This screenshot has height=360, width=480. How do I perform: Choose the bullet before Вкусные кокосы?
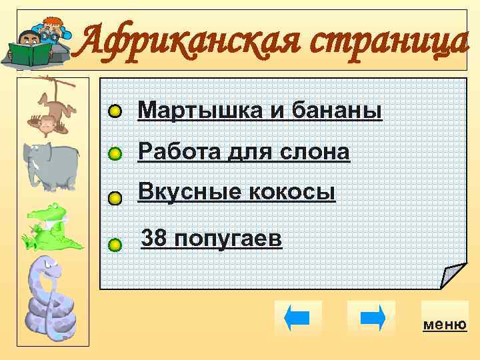point(115,198)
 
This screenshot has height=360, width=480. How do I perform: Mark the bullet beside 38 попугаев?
point(115,245)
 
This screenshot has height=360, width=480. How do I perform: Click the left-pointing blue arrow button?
point(297,317)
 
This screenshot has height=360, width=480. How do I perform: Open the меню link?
point(444,324)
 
